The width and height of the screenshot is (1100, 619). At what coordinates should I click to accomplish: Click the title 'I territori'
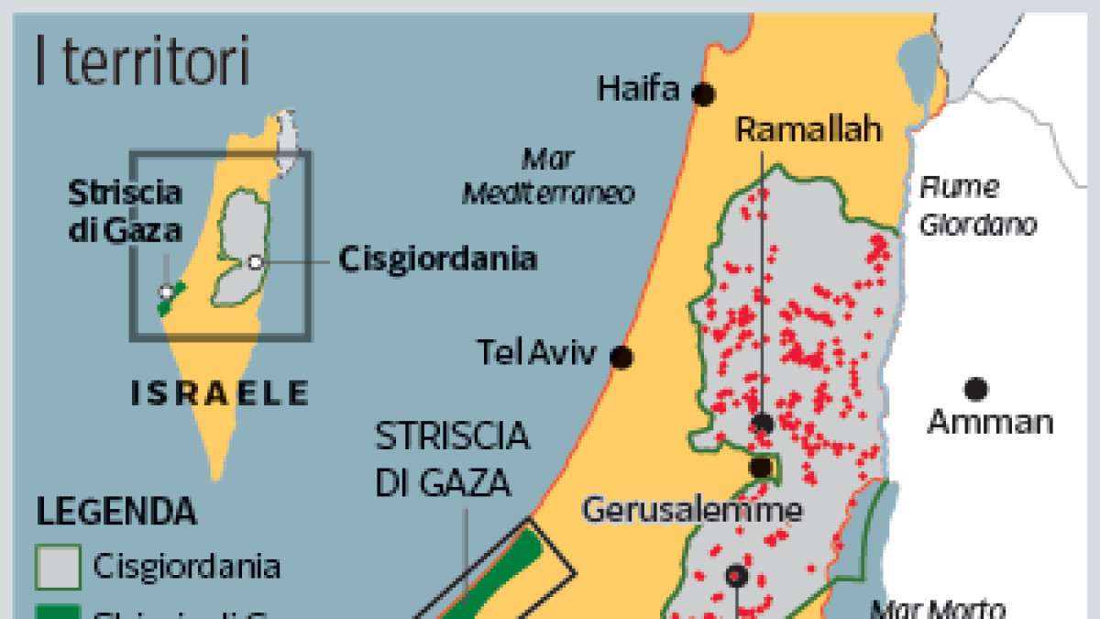(x=142, y=61)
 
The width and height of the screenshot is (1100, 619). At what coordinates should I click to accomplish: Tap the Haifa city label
(x=639, y=90)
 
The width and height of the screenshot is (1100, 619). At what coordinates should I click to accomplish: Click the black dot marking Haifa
(x=703, y=94)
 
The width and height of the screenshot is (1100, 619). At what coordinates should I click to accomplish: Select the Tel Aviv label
(x=536, y=352)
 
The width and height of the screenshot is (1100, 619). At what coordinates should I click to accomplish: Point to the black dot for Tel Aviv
(x=622, y=358)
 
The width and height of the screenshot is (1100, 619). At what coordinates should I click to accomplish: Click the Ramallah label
(x=809, y=129)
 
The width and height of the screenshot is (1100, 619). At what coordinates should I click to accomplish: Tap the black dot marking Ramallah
(x=763, y=423)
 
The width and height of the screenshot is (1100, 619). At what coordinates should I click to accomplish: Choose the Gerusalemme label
(x=692, y=509)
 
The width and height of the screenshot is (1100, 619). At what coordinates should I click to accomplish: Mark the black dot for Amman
(x=976, y=389)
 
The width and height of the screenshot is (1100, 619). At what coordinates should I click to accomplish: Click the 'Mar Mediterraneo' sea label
(x=548, y=177)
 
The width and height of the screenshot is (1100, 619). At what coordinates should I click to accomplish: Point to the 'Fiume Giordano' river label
(x=977, y=206)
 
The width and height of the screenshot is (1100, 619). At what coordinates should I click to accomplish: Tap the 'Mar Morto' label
(x=937, y=608)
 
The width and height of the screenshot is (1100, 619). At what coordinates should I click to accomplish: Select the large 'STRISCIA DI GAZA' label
(x=453, y=459)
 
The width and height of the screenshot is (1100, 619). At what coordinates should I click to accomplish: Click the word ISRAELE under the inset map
(x=220, y=394)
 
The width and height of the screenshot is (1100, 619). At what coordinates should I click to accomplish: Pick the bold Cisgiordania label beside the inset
(x=437, y=260)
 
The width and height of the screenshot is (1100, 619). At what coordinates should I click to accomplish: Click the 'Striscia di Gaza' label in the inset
(x=126, y=209)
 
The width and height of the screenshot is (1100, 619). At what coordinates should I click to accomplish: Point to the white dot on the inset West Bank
(x=256, y=262)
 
